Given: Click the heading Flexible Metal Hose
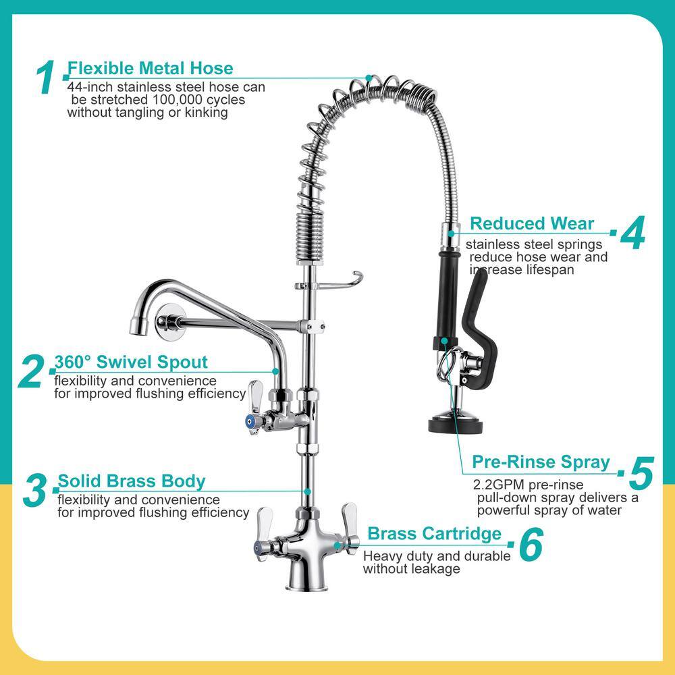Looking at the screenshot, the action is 151,68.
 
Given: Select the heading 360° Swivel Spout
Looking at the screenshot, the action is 131,362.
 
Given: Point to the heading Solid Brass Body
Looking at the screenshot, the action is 132,481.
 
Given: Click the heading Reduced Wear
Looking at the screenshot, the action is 532,223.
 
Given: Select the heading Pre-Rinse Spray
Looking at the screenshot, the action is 541,462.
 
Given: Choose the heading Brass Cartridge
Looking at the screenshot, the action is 434,533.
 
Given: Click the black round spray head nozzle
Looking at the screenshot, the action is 457,423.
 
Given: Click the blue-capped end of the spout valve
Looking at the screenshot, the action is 250,421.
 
